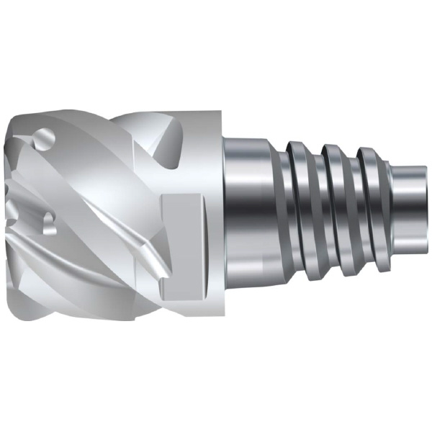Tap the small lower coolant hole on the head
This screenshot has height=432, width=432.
tap(50, 222)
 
